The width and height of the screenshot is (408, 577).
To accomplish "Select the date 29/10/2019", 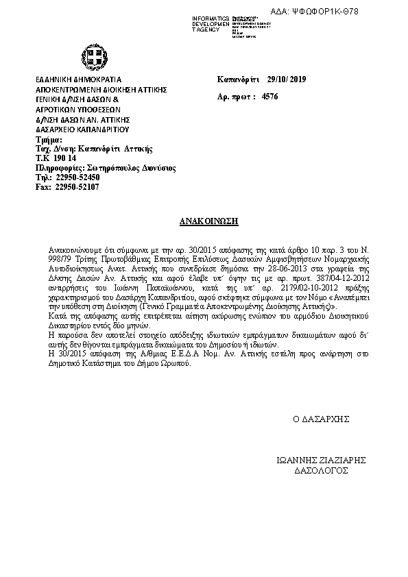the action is (287, 80).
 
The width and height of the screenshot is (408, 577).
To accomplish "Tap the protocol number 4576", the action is (270, 97).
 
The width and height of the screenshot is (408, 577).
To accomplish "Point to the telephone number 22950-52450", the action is (77, 177).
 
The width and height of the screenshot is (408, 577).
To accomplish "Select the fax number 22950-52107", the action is (77, 186).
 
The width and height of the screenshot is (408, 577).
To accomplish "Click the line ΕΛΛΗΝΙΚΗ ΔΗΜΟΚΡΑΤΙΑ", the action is (78, 80).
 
